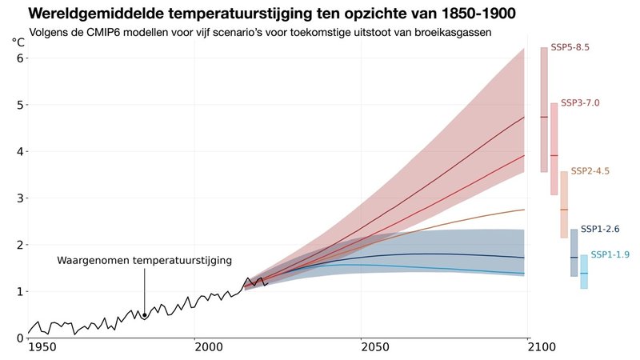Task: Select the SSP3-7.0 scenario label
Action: [580, 103]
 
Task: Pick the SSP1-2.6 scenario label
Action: [600, 230]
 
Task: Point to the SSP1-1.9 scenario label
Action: [610, 255]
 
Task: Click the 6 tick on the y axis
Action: [20, 58]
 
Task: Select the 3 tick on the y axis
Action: [20, 198]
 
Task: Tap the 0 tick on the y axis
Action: [20, 338]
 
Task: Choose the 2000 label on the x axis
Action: [208, 349]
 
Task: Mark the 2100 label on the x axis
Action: [542, 349]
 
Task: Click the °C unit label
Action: [18, 42]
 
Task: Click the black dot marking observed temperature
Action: [145, 315]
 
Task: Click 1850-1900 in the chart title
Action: [470, 14]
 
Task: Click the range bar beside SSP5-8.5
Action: [544, 110]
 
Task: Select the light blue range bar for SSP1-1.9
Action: [584, 272]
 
